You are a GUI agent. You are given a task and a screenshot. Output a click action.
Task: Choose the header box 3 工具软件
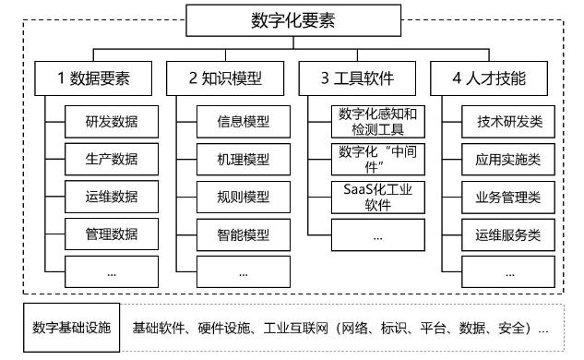pos(352,79)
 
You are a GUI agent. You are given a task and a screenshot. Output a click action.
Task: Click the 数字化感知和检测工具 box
pos(378,122)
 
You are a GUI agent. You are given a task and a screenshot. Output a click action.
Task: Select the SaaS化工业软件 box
pos(378,198)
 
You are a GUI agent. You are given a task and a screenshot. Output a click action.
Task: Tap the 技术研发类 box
pos(509,121)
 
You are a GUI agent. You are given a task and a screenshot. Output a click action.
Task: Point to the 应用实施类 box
pos(509,159)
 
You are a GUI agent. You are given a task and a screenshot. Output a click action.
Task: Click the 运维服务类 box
pos(509,234)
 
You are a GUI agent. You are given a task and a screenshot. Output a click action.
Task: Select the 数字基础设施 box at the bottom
pos(71,328)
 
